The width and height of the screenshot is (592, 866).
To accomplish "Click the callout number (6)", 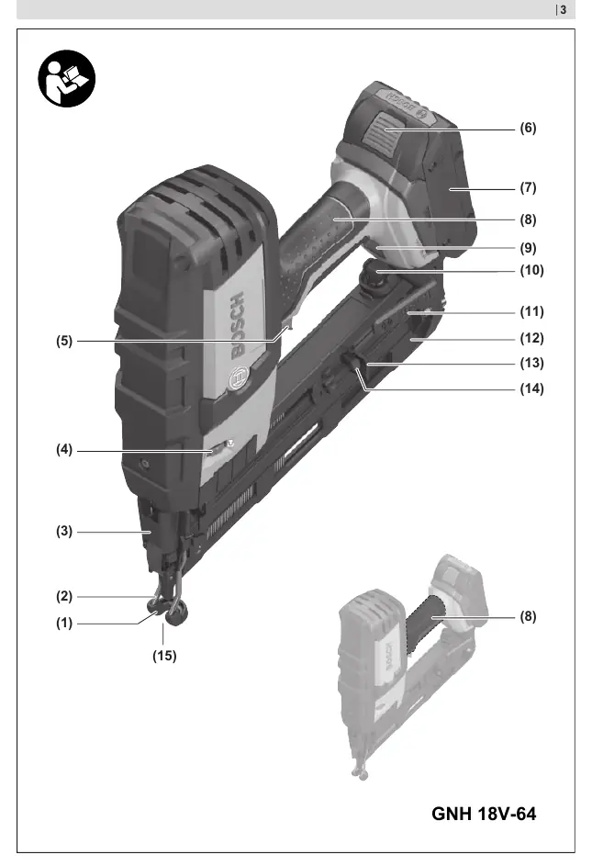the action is click(528, 129).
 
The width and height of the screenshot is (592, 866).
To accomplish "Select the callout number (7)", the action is click(528, 187).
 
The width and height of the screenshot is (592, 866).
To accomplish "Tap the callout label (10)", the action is click(531, 270).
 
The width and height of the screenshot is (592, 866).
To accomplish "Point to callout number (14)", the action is click(531, 388).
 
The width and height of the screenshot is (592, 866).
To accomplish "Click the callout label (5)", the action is click(64, 341).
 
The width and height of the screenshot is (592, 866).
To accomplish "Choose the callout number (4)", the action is click(64, 450).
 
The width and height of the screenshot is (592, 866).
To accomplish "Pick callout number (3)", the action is click(64, 532).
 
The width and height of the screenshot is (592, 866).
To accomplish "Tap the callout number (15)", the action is click(164, 656).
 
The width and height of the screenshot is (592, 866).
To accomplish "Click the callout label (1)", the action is click(64, 623).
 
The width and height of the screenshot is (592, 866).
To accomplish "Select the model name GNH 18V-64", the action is click(484, 814).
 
